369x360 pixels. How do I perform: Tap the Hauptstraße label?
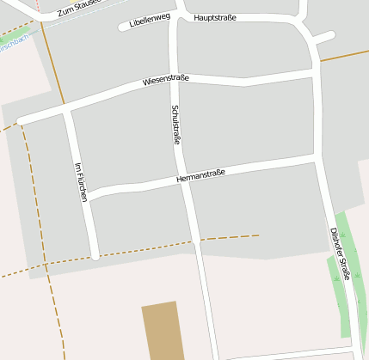(215, 17)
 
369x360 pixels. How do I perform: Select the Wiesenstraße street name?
(166, 80)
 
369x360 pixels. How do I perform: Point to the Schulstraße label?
(176, 125)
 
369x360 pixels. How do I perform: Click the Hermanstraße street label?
(200, 175)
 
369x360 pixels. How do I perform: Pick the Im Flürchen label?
(82, 182)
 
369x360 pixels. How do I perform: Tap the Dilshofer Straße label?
(339, 253)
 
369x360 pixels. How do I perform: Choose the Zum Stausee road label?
(77, 9)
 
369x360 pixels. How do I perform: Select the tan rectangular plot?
(163, 331)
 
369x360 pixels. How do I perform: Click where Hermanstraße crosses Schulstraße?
(182, 179)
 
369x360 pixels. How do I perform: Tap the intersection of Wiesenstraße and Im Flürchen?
(67, 108)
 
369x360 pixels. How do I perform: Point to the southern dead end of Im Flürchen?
(95, 255)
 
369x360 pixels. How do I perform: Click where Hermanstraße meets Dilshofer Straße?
(317, 159)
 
